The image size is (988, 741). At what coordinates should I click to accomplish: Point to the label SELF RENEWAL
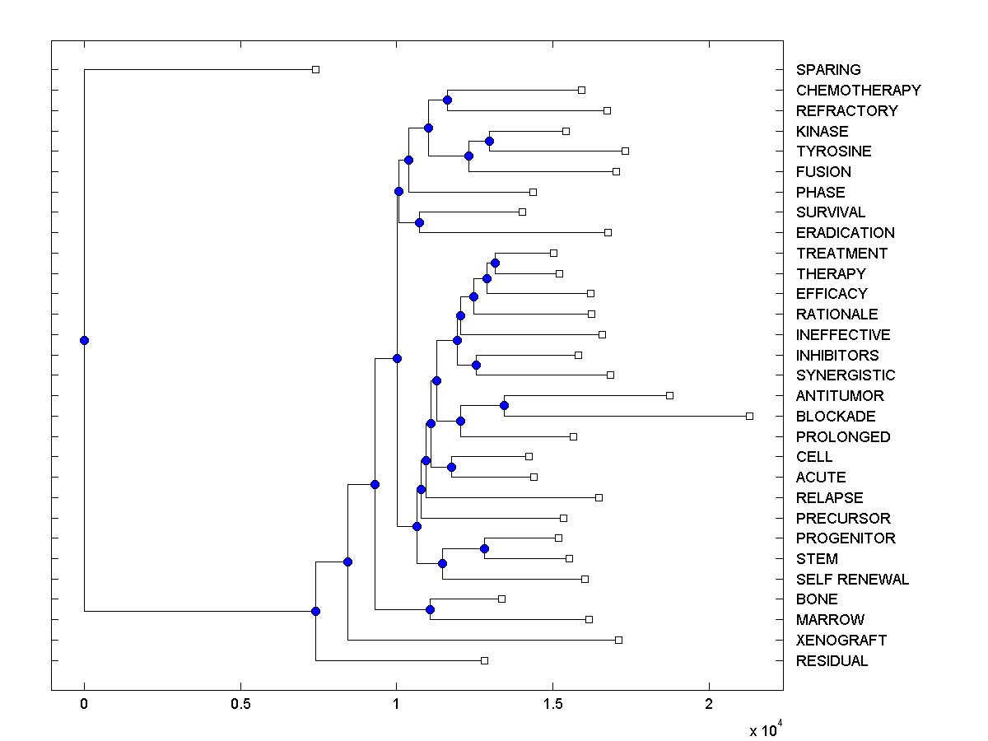tap(852, 580)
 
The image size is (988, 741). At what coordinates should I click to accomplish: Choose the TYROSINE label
tap(833, 151)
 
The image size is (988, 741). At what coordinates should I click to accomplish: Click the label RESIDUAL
tap(832, 661)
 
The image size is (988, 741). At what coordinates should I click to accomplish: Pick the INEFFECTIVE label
tap(843, 335)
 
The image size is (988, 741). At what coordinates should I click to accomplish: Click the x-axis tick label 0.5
tap(240, 705)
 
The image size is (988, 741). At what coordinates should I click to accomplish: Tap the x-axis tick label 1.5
tap(552, 705)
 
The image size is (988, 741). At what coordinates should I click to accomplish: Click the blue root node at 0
tap(84, 340)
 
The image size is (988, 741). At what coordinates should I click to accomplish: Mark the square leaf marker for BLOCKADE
tap(749, 416)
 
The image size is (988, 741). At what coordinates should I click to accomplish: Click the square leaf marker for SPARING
tap(315, 69)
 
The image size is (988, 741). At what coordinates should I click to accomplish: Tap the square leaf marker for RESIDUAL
tap(484, 660)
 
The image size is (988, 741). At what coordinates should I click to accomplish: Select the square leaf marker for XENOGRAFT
tap(618, 640)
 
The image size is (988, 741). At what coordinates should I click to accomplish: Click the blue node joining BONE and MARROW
tap(430, 609)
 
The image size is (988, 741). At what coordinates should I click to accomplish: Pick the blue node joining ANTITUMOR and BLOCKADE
tap(504, 405)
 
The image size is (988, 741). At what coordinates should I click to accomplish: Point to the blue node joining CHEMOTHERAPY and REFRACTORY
tap(447, 100)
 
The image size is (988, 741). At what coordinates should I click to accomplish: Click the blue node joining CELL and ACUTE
tap(451, 467)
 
